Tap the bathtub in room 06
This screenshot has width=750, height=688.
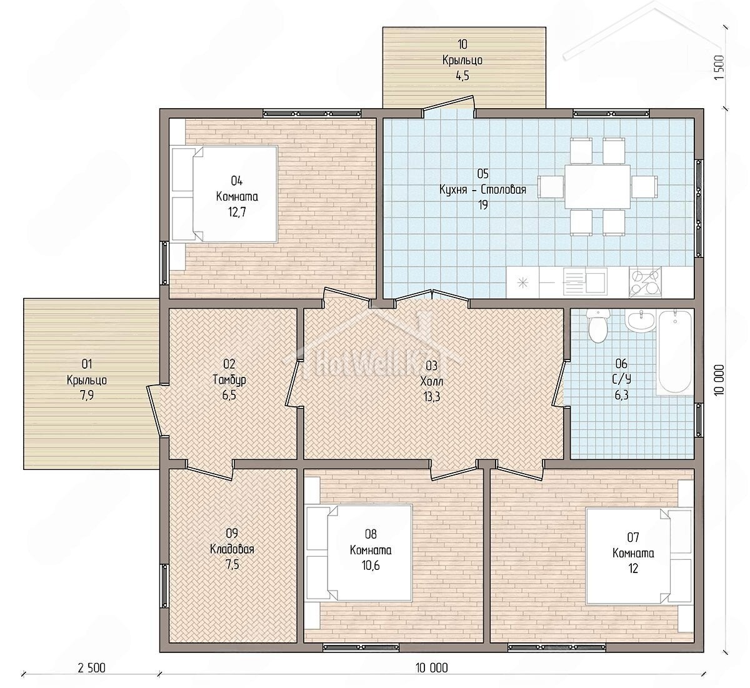[675, 352]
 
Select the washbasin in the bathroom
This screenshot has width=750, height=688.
[641, 321]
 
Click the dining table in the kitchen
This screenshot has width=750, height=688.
[597, 187]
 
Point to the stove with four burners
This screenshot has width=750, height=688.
[645, 282]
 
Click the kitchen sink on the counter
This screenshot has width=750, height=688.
[586, 282]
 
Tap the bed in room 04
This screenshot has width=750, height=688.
[224, 194]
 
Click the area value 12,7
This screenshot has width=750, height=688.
[237, 212]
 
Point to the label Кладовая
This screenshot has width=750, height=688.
[232, 549]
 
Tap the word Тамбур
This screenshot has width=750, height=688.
[229, 379]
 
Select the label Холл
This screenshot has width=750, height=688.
[431, 381]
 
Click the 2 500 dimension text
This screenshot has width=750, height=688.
[92, 667]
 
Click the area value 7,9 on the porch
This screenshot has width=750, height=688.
[87, 396]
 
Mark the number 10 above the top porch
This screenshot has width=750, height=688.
[462, 44]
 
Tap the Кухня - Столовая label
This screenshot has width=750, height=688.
[482, 189]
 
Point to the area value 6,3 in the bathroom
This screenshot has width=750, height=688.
[621, 395]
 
